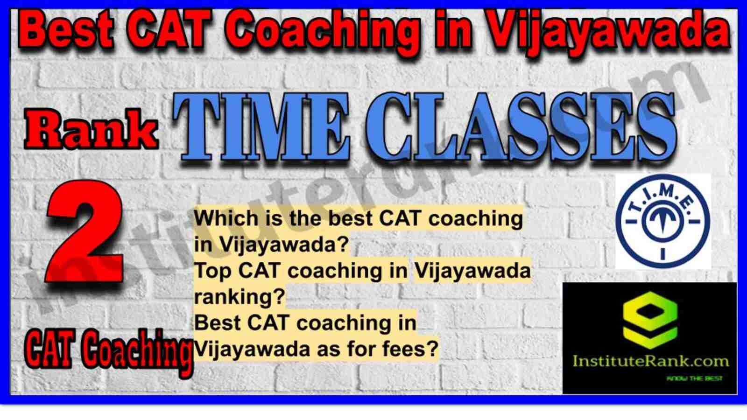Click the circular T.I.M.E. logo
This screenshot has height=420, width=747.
coord(663,222)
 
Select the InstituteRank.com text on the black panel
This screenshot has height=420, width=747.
coord(650,361)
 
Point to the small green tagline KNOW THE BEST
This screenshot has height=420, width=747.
coord(694,378)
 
